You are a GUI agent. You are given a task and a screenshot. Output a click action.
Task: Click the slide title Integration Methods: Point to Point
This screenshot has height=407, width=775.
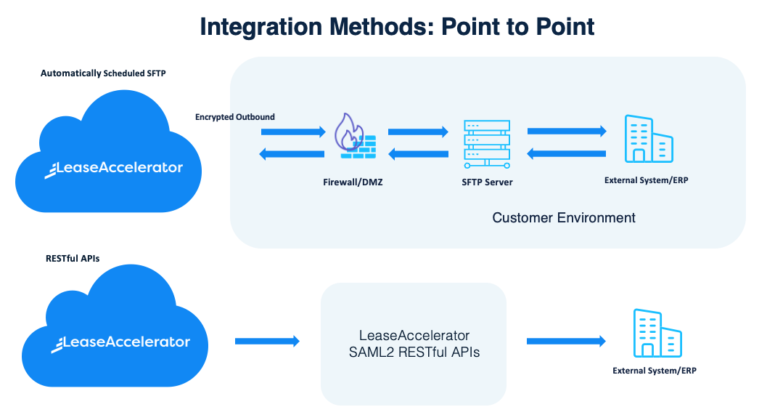click(397, 27)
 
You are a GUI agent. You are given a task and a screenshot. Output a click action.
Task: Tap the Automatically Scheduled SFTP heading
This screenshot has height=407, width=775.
click(103, 73)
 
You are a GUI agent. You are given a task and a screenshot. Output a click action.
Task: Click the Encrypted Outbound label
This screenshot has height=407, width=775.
click(235, 117)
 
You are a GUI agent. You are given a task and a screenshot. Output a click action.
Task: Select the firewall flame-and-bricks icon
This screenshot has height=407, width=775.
click(355, 136)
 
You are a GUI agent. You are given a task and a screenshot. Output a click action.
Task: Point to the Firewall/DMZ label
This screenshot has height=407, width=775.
click(353, 182)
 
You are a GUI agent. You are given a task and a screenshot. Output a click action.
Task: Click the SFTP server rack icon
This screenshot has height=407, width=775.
click(487, 144)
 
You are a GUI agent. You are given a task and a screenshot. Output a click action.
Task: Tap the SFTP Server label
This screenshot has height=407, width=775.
click(488, 182)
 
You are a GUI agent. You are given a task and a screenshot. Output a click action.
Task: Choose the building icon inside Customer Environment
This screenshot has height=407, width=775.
click(649, 139)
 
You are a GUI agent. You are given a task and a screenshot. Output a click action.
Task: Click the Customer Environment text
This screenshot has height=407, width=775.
click(564, 218)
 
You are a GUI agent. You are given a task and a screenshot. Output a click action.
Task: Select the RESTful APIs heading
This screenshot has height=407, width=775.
click(73, 259)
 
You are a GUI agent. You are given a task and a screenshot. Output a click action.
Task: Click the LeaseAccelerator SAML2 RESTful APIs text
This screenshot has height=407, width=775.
click(414, 344)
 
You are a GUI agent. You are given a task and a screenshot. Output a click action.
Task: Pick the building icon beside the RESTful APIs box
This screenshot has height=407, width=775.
click(657, 333)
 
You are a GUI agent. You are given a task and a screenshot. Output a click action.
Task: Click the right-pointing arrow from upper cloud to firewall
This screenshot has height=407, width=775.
click(293, 132)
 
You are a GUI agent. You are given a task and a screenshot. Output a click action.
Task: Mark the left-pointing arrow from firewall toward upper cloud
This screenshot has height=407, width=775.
click(292, 154)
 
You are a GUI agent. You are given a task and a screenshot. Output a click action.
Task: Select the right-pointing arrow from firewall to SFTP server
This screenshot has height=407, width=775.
click(418, 132)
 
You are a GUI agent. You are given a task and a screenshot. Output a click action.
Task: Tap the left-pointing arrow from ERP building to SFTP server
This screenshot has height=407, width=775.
click(567, 154)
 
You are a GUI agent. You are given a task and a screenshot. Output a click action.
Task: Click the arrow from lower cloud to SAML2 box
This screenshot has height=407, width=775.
click(267, 341)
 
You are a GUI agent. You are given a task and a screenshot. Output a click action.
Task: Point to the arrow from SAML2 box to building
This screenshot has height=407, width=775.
click(567, 341)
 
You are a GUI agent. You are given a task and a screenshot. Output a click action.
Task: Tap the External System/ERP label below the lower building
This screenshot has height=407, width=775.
click(655, 371)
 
